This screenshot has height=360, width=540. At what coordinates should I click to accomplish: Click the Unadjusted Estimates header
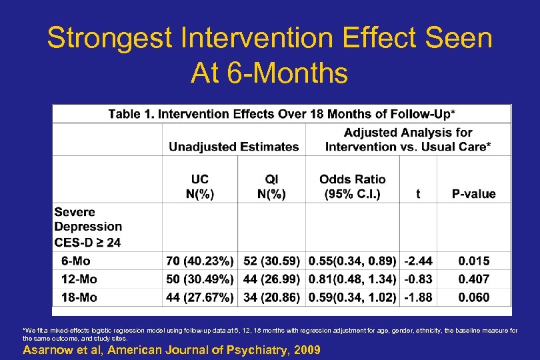(x=233, y=146)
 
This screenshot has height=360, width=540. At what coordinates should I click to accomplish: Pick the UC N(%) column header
(x=199, y=187)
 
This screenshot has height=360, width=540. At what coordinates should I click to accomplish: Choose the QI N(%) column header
(x=271, y=187)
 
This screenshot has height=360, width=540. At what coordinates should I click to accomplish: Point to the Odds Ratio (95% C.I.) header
(x=352, y=187)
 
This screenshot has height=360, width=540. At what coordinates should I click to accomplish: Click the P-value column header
(x=473, y=194)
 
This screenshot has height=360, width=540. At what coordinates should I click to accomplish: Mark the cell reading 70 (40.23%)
(x=200, y=261)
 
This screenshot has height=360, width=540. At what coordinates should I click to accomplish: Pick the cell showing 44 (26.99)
(x=271, y=279)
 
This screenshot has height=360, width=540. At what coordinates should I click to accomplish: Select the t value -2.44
(x=418, y=261)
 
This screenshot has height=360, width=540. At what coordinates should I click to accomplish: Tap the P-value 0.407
(x=473, y=279)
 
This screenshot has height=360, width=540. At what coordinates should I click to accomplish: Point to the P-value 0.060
(x=473, y=297)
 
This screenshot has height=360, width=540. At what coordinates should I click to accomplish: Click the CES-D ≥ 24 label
(x=87, y=242)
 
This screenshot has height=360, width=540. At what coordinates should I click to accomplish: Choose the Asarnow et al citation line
(x=171, y=350)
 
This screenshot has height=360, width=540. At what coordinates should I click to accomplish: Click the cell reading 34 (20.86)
(x=271, y=297)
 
